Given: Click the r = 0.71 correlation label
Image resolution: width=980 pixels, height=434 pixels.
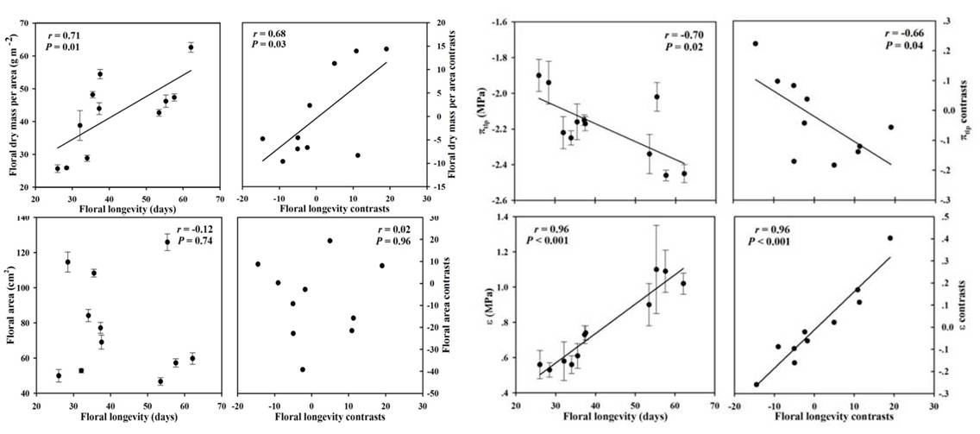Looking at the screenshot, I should (x=63, y=35).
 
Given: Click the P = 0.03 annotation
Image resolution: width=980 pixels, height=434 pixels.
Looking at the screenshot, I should (x=268, y=45).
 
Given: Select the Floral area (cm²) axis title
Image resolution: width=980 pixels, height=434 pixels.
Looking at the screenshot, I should (x=12, y=309).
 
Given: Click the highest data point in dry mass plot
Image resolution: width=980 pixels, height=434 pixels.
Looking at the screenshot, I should (x=191, y=47).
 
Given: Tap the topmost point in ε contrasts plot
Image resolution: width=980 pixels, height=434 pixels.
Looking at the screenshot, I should (x=889, y=238).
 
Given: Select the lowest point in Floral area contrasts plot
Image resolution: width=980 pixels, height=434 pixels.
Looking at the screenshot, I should (x=302, y=369).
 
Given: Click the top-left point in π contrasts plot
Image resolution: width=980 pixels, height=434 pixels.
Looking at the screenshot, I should (x=755, y=43).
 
